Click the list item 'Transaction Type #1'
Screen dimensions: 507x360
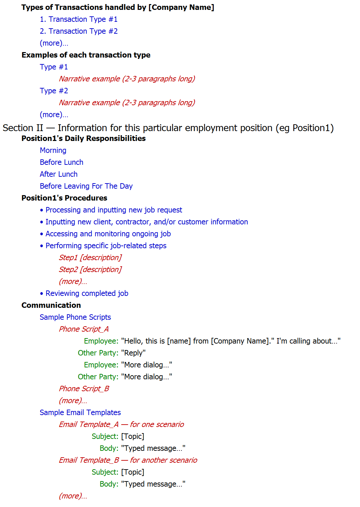point(79,19)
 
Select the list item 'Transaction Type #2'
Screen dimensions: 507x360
point(79,31)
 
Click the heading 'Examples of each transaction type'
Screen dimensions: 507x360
point(86,55)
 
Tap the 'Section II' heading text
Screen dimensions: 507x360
point(168,128)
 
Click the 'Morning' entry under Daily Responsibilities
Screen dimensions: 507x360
point(53,150)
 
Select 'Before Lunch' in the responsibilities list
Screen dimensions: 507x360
point(62,162)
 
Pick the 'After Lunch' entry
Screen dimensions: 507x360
point(59,174)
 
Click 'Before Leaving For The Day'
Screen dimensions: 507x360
point(86,186)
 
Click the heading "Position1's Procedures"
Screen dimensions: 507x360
point(64,198)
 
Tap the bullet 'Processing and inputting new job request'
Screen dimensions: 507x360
point(114,210)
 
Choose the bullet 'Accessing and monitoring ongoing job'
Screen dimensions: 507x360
point(108,234)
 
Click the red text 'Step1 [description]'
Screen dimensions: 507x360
point(90,258)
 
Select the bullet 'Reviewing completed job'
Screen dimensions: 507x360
point(87,294)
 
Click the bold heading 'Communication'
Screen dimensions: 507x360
point(51,305)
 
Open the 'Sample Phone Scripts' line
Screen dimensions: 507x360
point(75,317)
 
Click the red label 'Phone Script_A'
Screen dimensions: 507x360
point(84,329)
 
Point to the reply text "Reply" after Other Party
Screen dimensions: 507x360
point(133,353)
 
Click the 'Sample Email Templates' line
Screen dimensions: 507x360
point(80,413)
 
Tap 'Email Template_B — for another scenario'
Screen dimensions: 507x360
point(128,460)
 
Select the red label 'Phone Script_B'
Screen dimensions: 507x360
point(84,389)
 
